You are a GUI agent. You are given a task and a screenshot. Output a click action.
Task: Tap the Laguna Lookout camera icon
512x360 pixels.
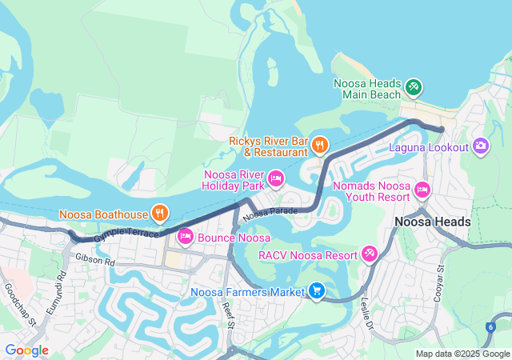pos(481,146)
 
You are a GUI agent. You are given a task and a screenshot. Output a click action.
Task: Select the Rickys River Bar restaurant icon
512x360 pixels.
pos(320,145)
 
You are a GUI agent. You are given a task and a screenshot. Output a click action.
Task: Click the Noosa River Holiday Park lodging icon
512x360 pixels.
pos(276,178)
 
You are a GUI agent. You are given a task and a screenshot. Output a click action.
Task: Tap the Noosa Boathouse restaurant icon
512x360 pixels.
pos(160,214)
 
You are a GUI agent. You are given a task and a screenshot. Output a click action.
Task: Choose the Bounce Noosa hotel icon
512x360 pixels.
pos(186,236)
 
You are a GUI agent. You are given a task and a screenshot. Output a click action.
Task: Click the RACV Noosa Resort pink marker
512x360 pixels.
pos(370,254)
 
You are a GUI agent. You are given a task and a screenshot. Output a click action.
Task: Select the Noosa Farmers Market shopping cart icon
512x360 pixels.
pos(317,291)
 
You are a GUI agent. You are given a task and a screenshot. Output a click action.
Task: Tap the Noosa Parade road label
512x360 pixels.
pos(270,214)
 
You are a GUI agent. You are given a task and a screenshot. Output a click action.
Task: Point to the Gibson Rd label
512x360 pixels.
pos(95,261)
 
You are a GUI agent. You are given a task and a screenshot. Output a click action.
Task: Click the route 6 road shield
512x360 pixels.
pos(490,326)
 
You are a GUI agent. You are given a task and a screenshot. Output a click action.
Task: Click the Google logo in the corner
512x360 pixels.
pos(26,350)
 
